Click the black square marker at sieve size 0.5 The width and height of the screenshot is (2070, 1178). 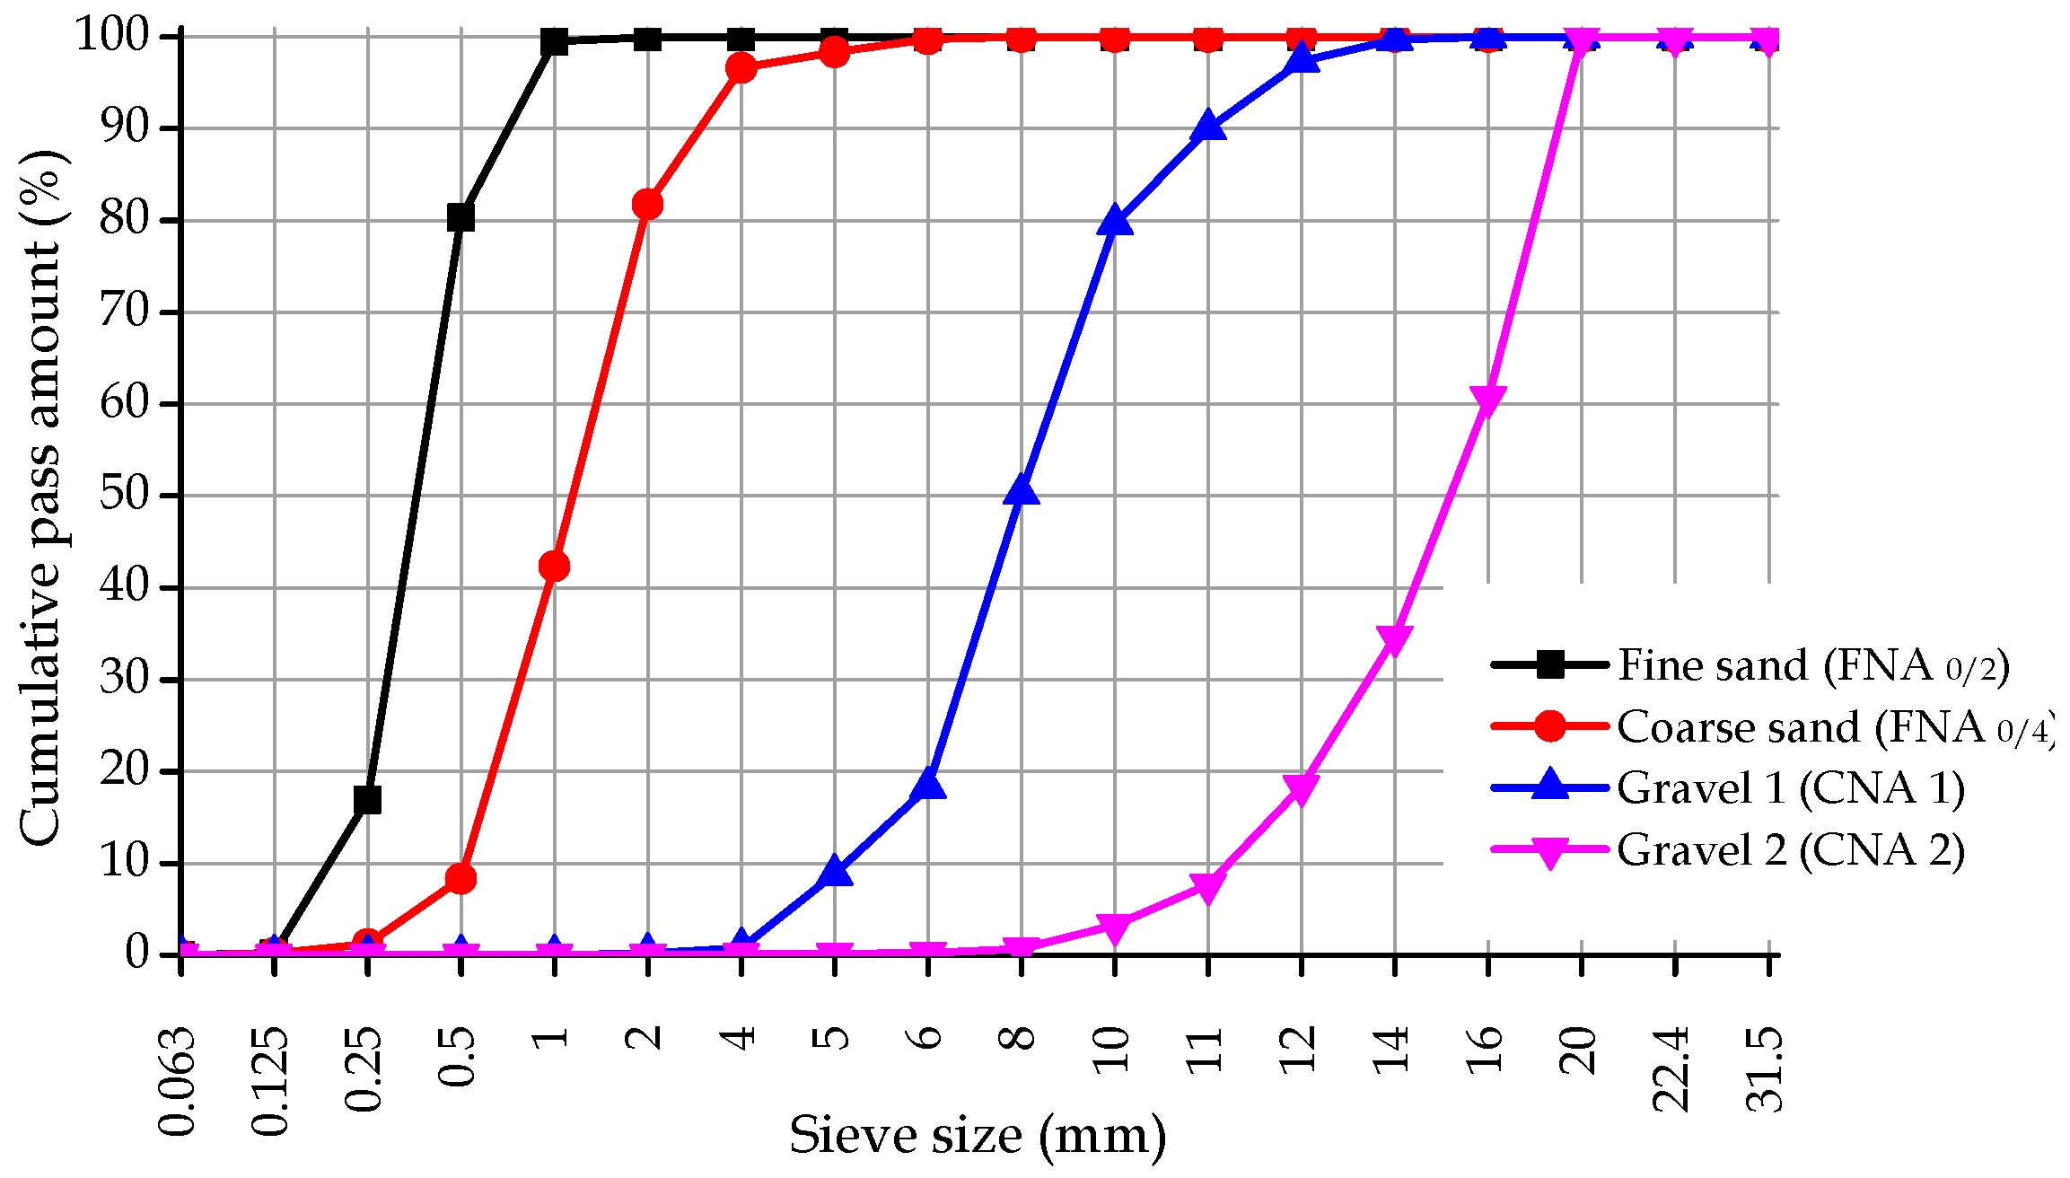click(460, 216)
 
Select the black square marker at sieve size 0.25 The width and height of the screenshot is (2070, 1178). click(367, 799)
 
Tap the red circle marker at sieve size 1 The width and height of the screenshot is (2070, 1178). click(554, 567)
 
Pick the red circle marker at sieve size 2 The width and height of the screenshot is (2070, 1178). click(647, 205)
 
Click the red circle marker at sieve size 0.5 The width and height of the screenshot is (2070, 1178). click(460, 878)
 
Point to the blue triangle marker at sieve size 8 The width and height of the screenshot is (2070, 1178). click(1022, 491)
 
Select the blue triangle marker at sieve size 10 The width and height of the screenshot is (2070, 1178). click(1115, 221)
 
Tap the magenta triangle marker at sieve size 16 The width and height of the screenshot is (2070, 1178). click(1488, 400)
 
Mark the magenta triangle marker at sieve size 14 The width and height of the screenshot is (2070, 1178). click(1395, 639)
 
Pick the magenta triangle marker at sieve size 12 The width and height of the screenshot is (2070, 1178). click(1302, 788)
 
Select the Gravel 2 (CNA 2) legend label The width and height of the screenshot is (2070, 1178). click(1791, 849)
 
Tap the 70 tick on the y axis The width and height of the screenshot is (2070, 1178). click(123, 312)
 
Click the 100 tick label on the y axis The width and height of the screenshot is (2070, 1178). click(112, 36)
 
